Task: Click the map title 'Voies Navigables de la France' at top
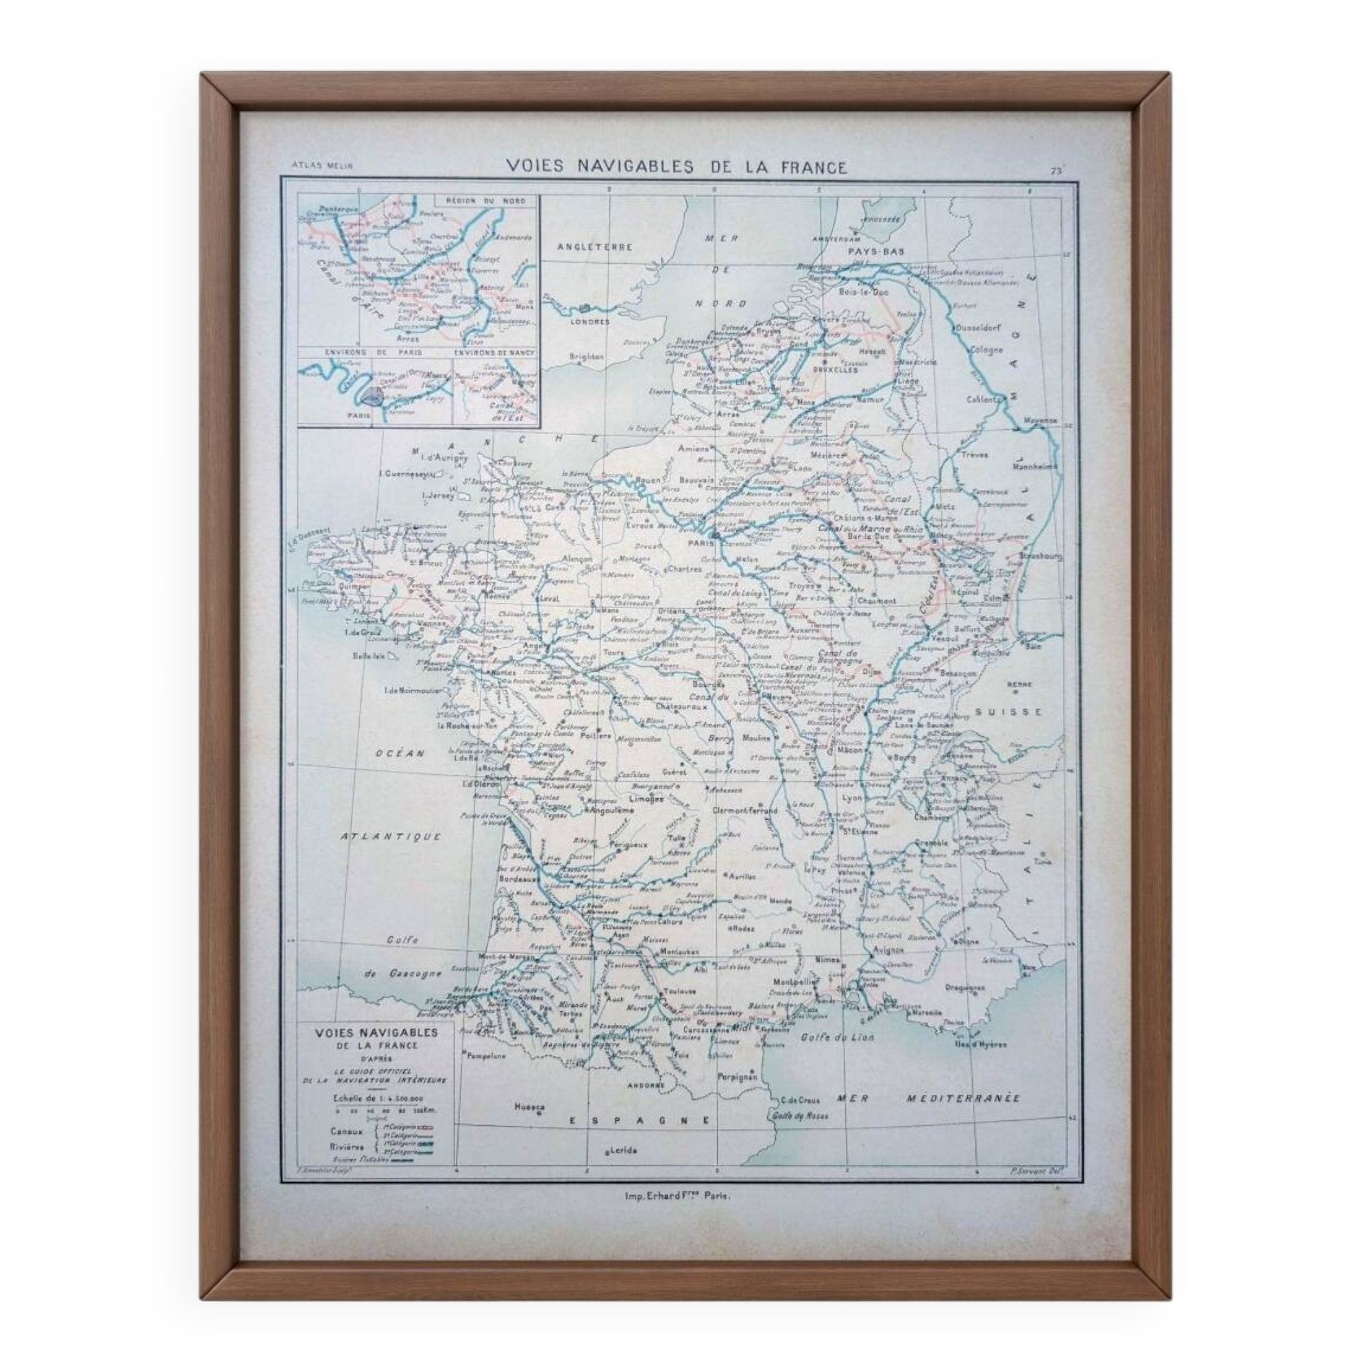tap(677, 167)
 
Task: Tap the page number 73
tap(1055, 170)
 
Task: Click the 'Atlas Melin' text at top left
tap(321, 165)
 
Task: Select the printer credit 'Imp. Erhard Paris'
tap(677, 1195)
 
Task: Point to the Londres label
tap(590, 321)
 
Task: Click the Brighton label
tap(586, 357)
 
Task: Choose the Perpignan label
tap(738, 1076)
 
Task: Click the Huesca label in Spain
tap(529, 1106)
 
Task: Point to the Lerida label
tap(622, 1150)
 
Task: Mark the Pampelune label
tap(486, 1055)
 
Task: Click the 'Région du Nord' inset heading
tap(485, 201)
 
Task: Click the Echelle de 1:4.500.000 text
tap(377, 1097)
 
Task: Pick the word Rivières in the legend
tap(347, 1147)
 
